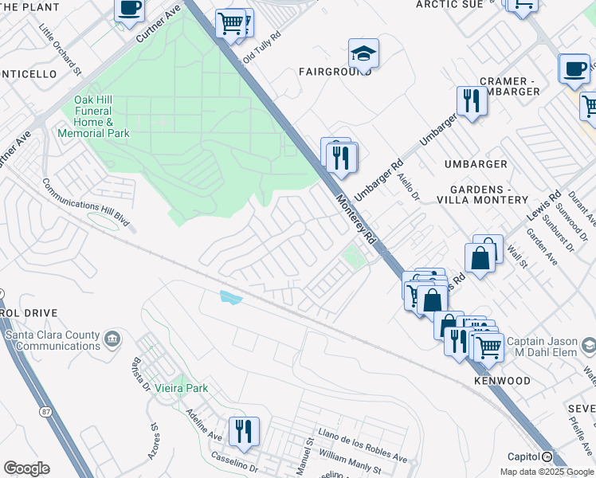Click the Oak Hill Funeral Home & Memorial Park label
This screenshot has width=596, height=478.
93,116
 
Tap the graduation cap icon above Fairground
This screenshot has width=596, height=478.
363,53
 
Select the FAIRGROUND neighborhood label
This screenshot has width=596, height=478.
335,72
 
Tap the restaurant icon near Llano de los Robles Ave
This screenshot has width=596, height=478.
244,431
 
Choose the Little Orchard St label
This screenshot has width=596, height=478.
61,49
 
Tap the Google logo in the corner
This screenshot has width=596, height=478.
26,468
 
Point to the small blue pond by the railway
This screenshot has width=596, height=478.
230,297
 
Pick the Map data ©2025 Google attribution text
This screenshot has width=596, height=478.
546,472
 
